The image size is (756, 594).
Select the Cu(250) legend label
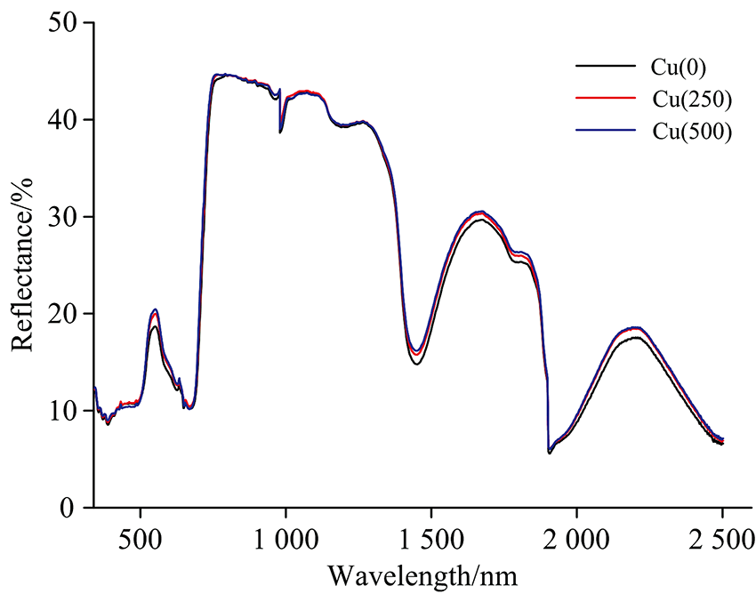[x=674, y=99]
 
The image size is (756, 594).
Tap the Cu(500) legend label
[x=674, y=132]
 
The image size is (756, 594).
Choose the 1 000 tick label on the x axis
[x=286, y=539]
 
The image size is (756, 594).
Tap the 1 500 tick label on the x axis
[x=431, y=539]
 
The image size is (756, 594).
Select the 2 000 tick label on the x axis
[x=576, y=539]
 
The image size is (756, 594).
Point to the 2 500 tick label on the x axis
[x=722, y=539]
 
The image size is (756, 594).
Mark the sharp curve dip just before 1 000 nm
[x=280, y=131]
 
